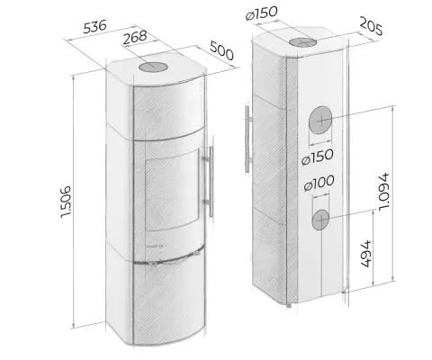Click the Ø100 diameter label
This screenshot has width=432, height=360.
click(320, 183)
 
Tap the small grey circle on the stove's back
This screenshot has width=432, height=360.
click(320, 218)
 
